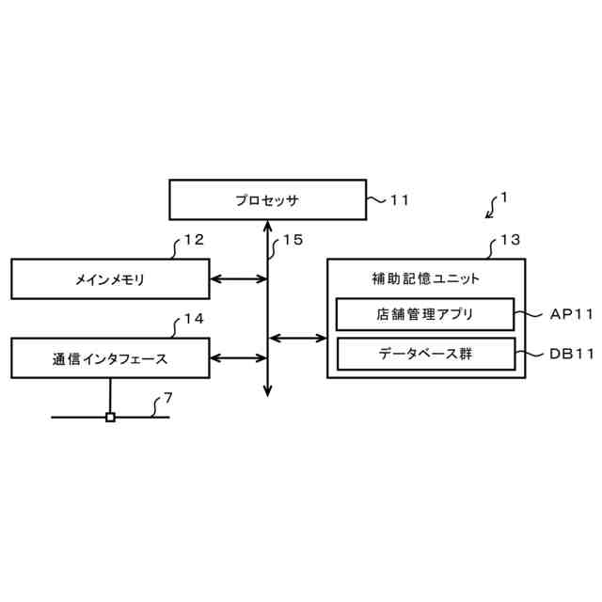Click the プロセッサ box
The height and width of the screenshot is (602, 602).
point(268,199)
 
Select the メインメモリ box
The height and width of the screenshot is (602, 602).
point(110,279)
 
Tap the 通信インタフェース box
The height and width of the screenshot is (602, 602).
point(110,357)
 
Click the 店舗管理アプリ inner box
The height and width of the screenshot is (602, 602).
point(425,314)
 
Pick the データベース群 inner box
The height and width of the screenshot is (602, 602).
point(425,355)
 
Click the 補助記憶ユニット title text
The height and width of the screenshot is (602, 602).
point(425,278)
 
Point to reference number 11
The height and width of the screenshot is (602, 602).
point(400,199)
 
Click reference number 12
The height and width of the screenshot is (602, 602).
point(194,240)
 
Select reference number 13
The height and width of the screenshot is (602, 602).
point(509,240)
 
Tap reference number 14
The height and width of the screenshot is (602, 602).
point(194,319)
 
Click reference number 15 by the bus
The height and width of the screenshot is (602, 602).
point(293,240)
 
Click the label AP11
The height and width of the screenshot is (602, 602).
point(572,314)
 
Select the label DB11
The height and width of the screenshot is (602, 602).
point(572,355)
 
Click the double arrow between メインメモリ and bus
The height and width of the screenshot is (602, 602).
point(239,279)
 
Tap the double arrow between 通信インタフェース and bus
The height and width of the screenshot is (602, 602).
point(239,357)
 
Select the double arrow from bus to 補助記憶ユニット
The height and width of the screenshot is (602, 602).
point(297,337)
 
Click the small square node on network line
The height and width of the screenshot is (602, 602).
point(110,417)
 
